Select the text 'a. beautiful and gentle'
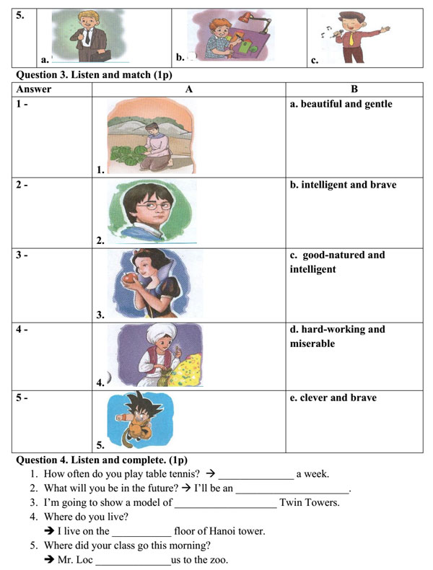click(x=341, y=104)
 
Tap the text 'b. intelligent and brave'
click(x=343, y=185)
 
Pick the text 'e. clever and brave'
click(x=333, y=398)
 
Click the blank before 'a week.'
click(x=255, y=474)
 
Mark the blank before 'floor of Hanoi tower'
click(x=141, y=532)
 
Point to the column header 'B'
click(x=354, y=89)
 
